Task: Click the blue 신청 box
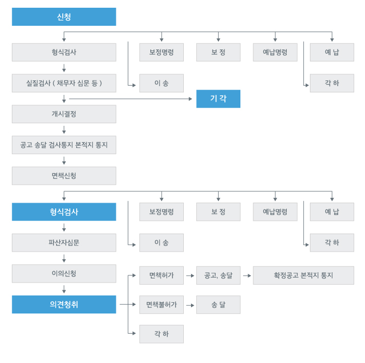click(x=64, y=16)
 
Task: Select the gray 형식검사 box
click(x=64, y=52)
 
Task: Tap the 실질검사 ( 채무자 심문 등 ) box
click(x=64, y=83)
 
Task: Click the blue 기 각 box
click(x=218, y=98)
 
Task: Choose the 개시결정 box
click(x=64, y=114)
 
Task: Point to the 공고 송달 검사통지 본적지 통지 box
click(x=64, y=145)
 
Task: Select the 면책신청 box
click(x=64, y=176)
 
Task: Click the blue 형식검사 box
click(x=64, y=212)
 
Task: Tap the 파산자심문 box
click(x=64, y=242)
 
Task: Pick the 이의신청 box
click(x=64, y=273)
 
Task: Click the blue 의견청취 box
click(x=64, y=304)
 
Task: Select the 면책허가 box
click(x=161, y=275)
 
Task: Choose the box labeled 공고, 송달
click(x=218, y=275)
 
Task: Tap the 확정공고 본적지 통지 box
click(x=303, y=275)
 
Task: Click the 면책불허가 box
click(x=161, y=305)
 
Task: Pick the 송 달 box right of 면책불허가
click(x=218, y=305)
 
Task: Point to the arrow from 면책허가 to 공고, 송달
click(x=190, y=275)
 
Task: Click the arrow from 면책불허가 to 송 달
click(x=190, y=305)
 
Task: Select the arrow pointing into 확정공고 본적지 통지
click(x=247, y=275)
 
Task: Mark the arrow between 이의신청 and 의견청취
click(x=64, y=289)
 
